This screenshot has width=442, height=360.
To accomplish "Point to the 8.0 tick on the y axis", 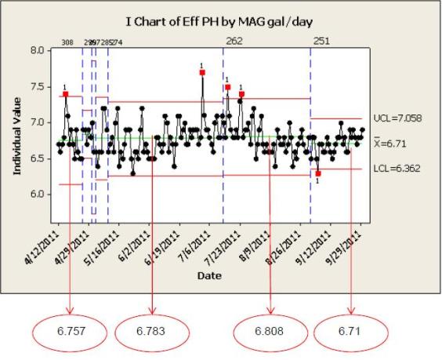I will (x=38, y=50).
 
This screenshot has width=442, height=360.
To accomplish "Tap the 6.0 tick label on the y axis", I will (x=38, y=194).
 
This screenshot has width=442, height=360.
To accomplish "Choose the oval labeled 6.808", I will (x=271, y=332).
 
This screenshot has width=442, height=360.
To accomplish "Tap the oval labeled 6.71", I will (x=349, y=332).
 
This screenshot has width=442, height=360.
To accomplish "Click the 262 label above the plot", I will (x=234, y=39).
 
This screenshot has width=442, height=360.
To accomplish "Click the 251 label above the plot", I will (x=321, y=39).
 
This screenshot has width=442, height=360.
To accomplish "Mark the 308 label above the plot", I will (x=67, y=43).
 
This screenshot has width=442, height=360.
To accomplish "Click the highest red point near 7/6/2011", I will (x=202, y=72).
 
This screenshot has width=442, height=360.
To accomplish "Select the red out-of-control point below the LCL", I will (x=318, y=173).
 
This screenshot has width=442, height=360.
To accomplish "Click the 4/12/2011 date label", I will (x=45, y=245).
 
